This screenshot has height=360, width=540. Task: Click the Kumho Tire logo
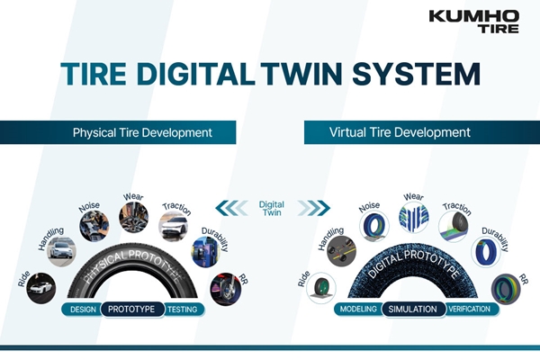[x=474, y=22]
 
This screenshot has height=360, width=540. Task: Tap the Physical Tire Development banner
[x=118, y=132]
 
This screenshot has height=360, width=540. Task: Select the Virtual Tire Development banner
[x=422, y=132]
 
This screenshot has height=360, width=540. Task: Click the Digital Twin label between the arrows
[x=272, y=209]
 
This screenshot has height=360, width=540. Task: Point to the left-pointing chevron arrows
[x=231, y=208]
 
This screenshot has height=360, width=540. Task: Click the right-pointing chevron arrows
[x=314, y=208]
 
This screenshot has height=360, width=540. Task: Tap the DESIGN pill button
[x=83, y=310]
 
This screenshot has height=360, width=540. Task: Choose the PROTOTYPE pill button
[x=132, y=309]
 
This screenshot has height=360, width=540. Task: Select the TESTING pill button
[x=184, y=310]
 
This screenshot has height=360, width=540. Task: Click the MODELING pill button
[x=358, y=309]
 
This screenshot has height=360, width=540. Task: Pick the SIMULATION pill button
[x=413, y=309]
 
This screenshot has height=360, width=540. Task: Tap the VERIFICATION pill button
[x=471, y=309]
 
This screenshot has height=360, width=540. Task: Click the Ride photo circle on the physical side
[x=41, y=288]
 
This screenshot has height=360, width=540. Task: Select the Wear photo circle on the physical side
[x=133, y=218]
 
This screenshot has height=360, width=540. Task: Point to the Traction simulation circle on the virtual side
[x=454, y=226]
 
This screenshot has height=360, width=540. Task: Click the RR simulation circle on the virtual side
[x=506, y=289]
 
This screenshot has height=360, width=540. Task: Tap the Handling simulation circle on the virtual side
[x=342, y=251]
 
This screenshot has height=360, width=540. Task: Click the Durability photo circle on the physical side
[x=206, y=252]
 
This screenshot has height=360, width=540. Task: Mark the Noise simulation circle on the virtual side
[x=374, y=226]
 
